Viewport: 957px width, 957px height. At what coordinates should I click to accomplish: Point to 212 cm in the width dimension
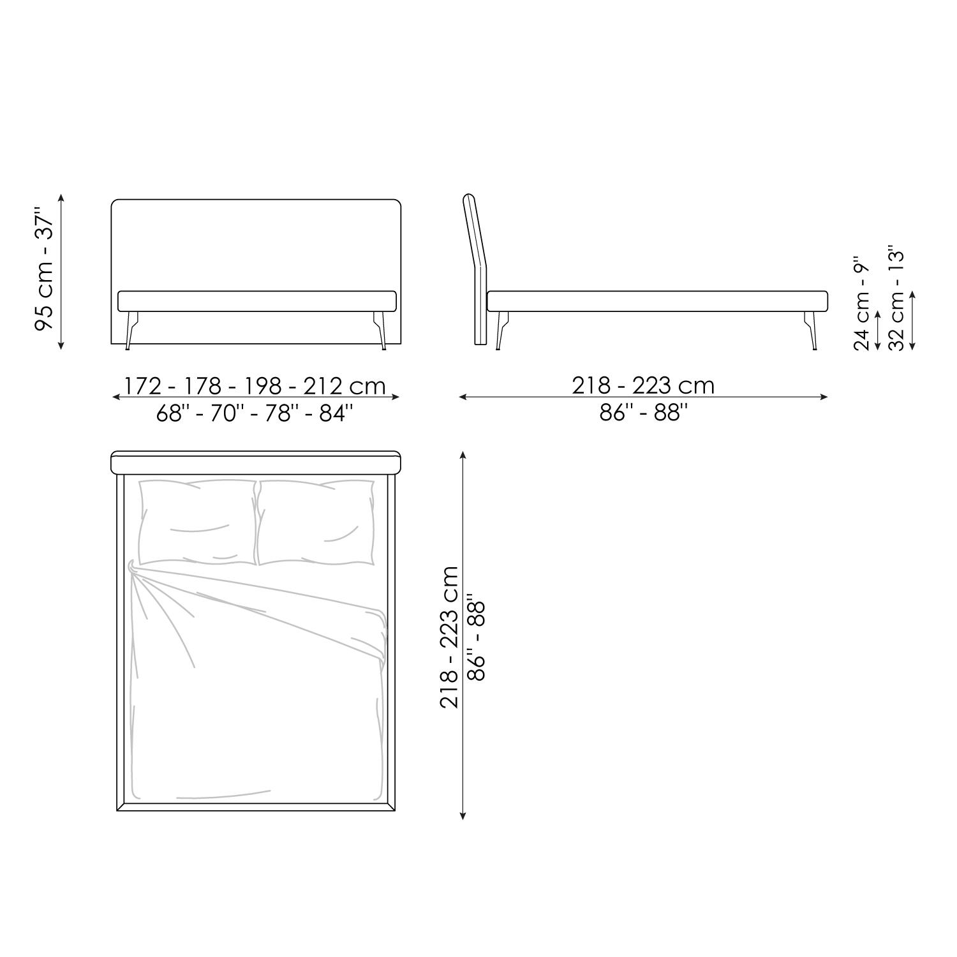coord(345,386)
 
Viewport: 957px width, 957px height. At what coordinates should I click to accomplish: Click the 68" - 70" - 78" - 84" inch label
coord(255,413)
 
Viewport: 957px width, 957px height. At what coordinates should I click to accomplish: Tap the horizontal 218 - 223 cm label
coord(643,385)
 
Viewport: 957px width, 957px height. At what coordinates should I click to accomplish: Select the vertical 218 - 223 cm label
coord(449,637)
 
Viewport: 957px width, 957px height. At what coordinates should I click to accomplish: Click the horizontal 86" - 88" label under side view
coord(644,413)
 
